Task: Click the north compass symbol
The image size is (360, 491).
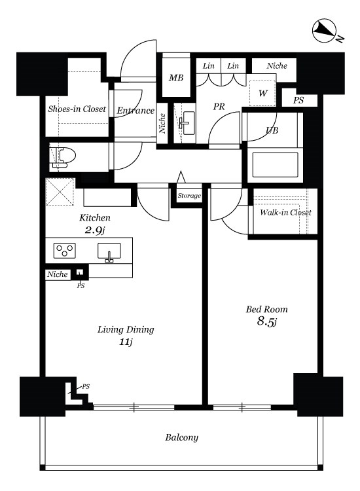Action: (x=324, y=30)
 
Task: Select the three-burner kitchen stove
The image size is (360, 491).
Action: (x=65, y=251)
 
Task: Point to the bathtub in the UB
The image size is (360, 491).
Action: (x=275, y=165)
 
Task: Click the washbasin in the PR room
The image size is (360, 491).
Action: (x=187, y=123)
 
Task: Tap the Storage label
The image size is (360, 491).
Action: (x=189, y=196)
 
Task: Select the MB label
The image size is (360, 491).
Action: (x=176, y=77)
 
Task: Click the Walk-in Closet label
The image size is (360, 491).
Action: (x=285, y=212)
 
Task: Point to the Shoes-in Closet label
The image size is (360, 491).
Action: (x=77, y=109)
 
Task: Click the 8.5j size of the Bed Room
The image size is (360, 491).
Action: (x=266, y=321)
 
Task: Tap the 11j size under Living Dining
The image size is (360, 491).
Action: (x=126, y=342)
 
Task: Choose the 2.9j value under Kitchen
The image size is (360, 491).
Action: (x=94, y=230)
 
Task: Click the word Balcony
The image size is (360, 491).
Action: (x=181, y=437)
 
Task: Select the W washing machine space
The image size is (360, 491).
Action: (x=262, y=93)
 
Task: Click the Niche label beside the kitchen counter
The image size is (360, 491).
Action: (x=58, y=274)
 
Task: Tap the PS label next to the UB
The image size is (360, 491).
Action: (x=298, y=100)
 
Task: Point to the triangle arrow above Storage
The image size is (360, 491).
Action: (x=181, y=177)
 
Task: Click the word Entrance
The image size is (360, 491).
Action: (x=135, y=111)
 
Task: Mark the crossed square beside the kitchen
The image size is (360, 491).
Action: (x=60, y=192)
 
